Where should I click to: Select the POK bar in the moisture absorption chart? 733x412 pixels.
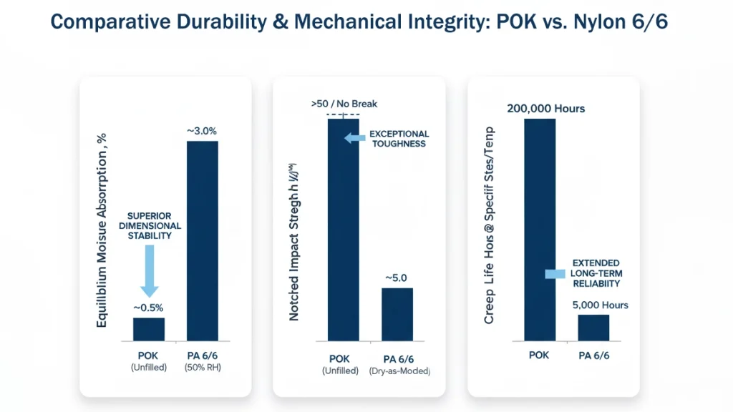(x=149, y=328)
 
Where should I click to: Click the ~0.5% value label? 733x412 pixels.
(x=149, y=308)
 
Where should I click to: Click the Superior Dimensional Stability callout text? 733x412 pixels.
(x=154, y=225)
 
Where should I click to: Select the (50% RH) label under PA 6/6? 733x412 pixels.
(x=203, y=368)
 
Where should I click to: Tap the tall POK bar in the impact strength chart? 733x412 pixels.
(x=344, y=229)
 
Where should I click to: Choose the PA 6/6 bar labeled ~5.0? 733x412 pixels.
(x=397, y=314)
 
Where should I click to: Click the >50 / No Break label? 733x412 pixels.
(x=344, y=104)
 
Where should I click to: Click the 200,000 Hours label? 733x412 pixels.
(x=545, y=109)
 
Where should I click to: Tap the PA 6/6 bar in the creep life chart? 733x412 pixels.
(x=593, y=327)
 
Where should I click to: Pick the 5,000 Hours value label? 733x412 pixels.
(x=600, y=305)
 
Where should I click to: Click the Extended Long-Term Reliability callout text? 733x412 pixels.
(x=596, y=273)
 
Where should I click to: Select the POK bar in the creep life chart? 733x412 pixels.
(x=540, y=229)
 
